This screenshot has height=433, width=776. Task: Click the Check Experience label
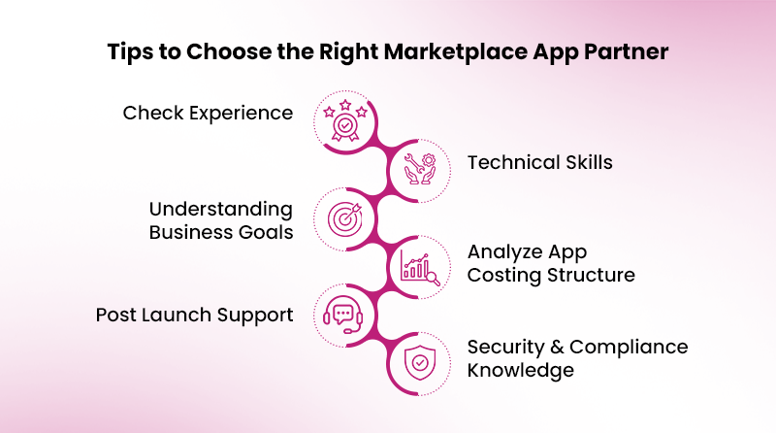[x=208, y=114]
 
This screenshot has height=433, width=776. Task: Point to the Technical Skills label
[x=539, y=162]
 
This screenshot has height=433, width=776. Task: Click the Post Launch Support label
[x=194, y=315]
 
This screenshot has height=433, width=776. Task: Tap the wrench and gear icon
[x=420, y=167]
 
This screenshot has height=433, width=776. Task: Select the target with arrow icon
[x=346, y=217]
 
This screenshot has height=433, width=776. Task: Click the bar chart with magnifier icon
[x=420, y=266]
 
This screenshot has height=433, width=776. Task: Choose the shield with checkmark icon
[x=420, y=362]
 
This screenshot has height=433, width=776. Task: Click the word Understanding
[x=220, y=209]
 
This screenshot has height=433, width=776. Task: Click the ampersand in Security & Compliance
[x=557, y=347]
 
